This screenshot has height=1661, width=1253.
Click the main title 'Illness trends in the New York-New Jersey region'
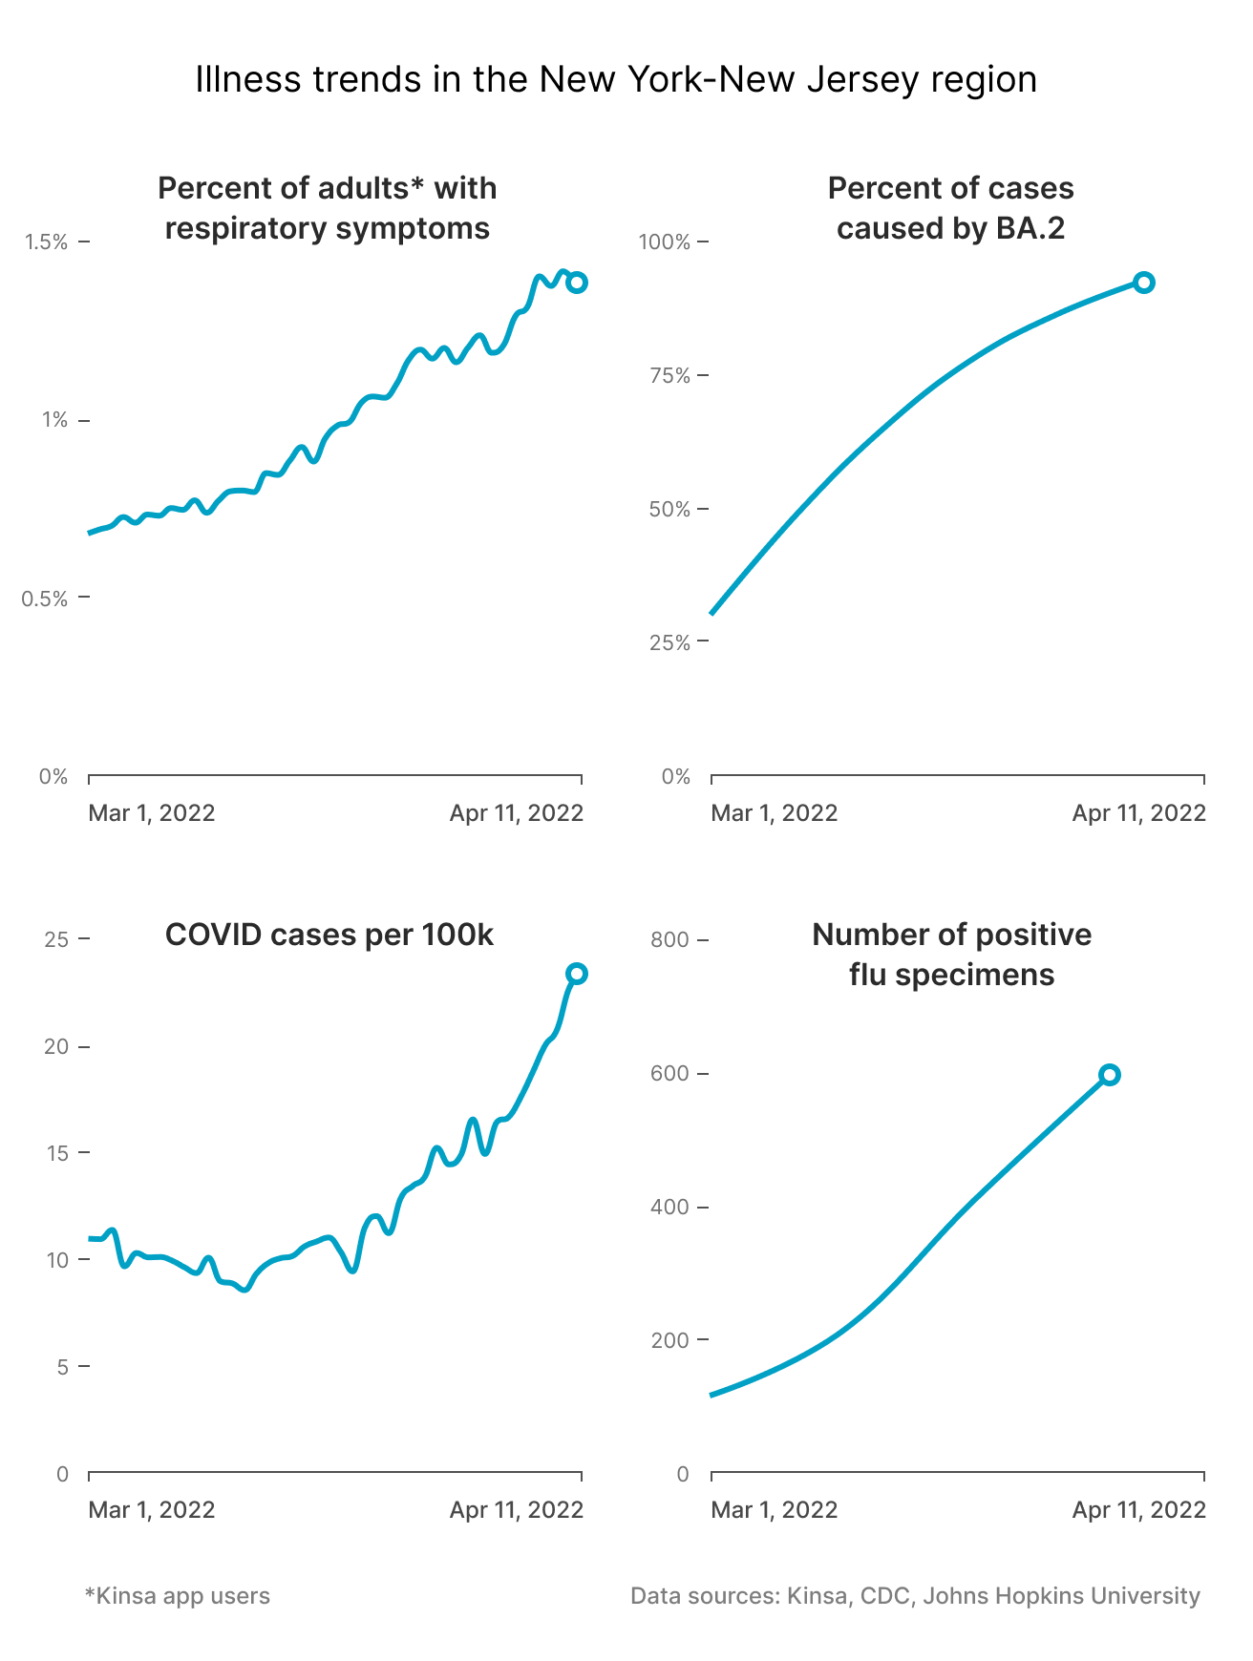(x=616, y=79)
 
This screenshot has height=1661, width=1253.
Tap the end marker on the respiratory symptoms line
(x=577, y=283)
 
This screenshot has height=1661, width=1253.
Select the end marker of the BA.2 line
(x=1143, y=283)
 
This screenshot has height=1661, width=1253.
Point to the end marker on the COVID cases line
(x=577, y=974)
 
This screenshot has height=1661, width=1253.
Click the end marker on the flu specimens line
(x=1109, y=1075)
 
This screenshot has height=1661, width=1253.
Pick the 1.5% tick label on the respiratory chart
(x=47, y=242)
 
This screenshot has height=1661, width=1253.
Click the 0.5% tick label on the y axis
(x=47, y=599)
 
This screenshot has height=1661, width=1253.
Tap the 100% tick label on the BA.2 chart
(x=664, y=242)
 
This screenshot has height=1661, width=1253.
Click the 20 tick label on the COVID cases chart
(x=56, y=1046)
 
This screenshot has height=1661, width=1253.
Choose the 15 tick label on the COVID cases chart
(x=56, y=1153)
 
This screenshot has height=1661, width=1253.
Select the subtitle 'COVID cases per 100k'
(x=329, y=935)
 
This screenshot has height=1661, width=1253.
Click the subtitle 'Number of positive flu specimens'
(x=951, y=954)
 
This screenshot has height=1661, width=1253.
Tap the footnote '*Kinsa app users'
(x=178, y=1595)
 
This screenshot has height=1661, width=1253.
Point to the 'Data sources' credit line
(x=915, y=1595)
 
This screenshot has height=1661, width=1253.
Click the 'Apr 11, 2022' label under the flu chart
(x=1138, y=1509)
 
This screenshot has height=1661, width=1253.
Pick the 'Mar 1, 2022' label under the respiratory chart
(x=152, y=813)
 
